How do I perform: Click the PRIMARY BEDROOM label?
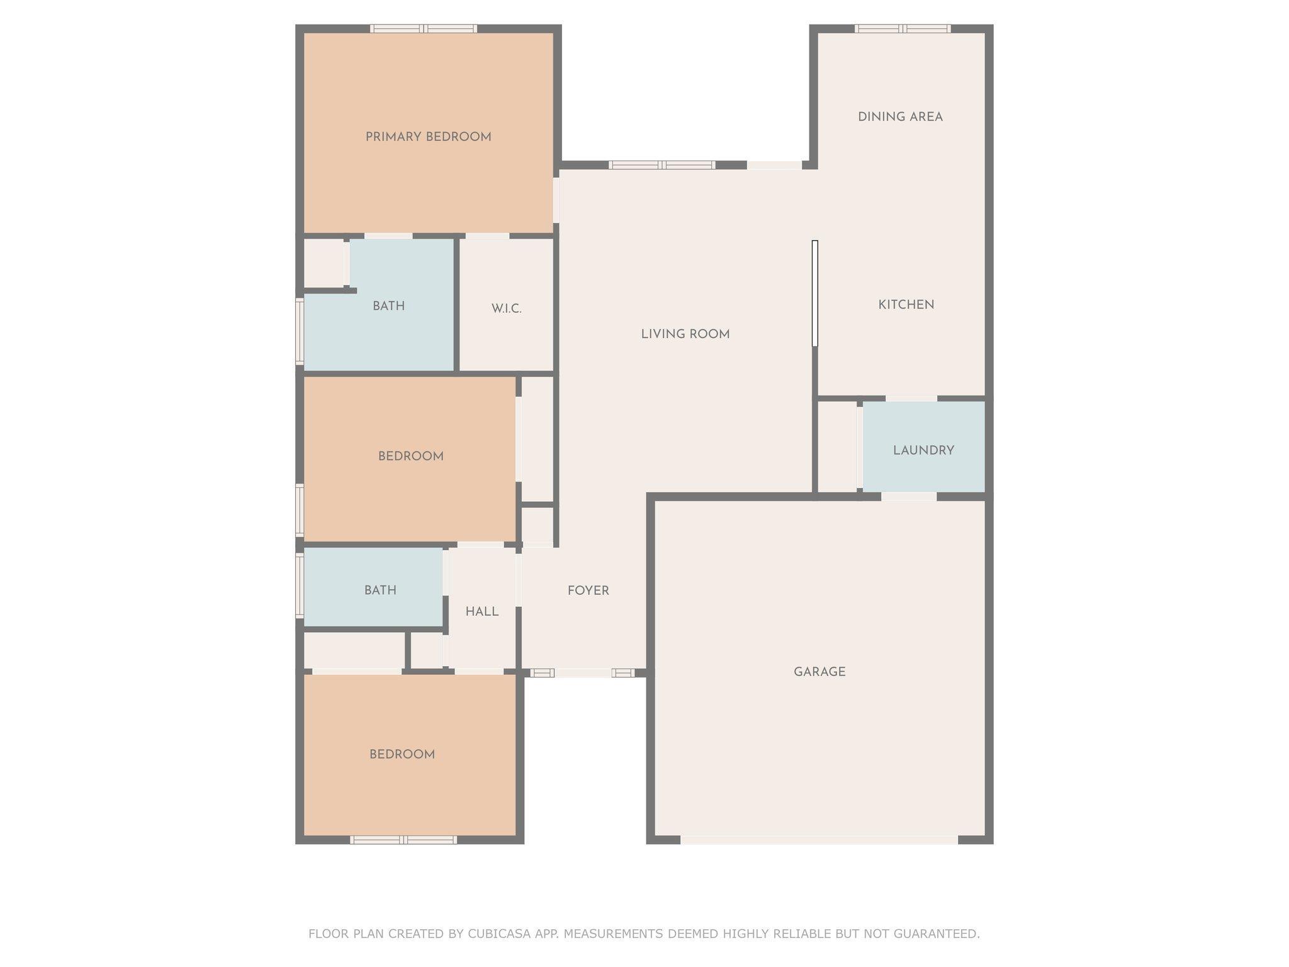428,137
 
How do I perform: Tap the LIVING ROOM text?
685,334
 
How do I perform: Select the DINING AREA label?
900,116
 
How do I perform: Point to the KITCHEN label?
906,305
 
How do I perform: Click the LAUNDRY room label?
923,450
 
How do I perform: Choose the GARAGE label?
819,672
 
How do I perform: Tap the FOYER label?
588,591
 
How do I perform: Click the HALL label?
482,611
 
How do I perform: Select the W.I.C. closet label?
507,309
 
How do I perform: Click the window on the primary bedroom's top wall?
424,28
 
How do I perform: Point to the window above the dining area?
903,28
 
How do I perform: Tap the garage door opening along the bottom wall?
819,840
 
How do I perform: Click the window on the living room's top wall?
661,165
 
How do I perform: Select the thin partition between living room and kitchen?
814,293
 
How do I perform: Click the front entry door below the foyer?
583,673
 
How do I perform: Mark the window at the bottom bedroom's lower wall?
403,840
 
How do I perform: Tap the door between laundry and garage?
909,497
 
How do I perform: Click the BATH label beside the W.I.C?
388,306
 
